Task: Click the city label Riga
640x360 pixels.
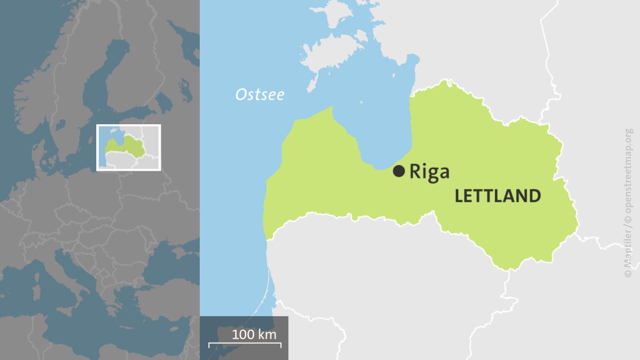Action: tap(429, 172)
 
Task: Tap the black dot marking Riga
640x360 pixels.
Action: tap(399, 171)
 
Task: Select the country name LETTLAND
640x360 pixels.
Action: tap(498, 196)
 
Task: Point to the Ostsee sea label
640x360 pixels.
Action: tap(260, 95)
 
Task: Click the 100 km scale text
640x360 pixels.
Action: tap(254, 334)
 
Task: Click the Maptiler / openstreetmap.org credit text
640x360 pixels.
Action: tap(628, 203)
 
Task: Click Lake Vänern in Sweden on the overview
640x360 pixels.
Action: tap(60, 125)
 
